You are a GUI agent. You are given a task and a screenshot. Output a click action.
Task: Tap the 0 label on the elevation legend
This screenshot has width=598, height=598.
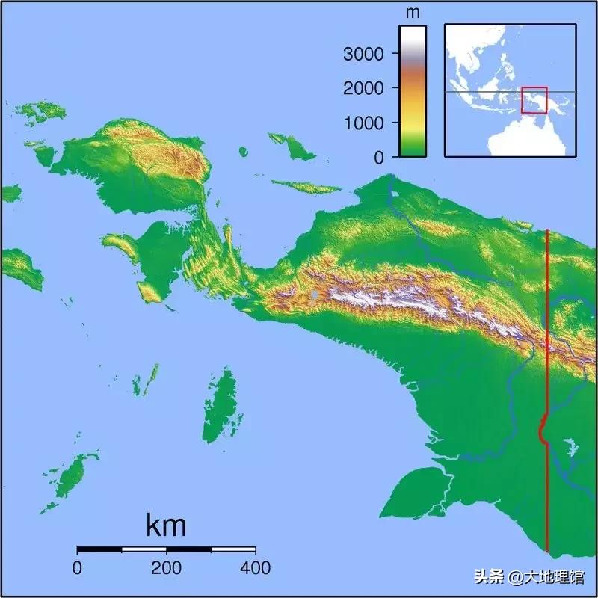coord(378,157)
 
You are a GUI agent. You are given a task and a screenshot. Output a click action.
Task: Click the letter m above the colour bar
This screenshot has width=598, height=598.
coord(412,13)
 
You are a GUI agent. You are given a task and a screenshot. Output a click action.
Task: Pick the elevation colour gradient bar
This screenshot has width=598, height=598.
coord(412,90)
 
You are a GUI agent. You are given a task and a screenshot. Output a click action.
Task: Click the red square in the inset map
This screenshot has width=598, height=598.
coord(534,99)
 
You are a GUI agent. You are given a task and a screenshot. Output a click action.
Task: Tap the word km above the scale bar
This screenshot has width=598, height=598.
coord(166,525)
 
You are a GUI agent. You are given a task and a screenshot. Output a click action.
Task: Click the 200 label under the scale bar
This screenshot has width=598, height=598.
coord(166,568)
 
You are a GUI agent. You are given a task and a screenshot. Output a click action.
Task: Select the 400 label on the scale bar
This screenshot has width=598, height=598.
coord(255,568)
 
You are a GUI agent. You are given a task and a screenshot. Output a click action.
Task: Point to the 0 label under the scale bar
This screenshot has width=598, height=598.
coord(78,568)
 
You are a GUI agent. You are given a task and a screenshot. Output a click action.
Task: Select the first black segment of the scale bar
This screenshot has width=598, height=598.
coord(99,549)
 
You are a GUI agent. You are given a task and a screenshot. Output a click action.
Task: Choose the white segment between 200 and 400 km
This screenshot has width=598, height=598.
coord(232,549)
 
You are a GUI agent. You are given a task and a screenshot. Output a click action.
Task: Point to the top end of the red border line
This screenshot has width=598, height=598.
coord(548,231)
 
